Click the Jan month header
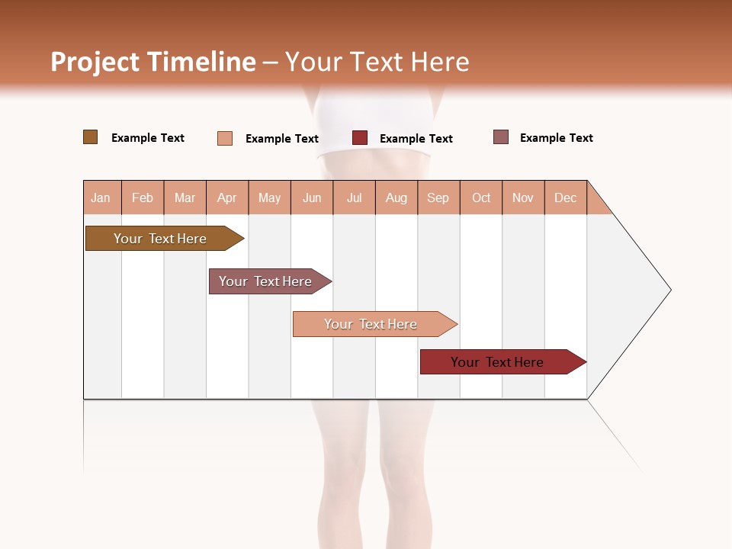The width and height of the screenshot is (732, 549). coord(101,197)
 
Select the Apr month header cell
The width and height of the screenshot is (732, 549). coord(227,197)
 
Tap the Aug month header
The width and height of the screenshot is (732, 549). coord(396,197)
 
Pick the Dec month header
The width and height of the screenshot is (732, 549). coord(565,197)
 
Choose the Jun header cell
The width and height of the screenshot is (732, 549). coord(312,197)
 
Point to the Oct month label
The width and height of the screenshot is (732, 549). coord(481,197)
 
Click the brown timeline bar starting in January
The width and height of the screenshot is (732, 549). coord(160,239)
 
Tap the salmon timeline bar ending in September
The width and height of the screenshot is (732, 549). coord(371,324)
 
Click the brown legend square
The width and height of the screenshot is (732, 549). coord(91,137)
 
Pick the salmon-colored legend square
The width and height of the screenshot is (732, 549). coord(225,138)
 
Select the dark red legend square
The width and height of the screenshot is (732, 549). coord(360,138)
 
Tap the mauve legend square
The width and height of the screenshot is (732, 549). coord(501,137)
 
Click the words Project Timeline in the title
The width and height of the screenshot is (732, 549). coord(152,62)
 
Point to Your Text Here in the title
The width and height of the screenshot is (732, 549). coord(377,62)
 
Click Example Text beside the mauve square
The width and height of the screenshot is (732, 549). coord(556,138)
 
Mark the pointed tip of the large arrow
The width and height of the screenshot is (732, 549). coord(669,290)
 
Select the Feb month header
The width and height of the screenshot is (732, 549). coord(143,197)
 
